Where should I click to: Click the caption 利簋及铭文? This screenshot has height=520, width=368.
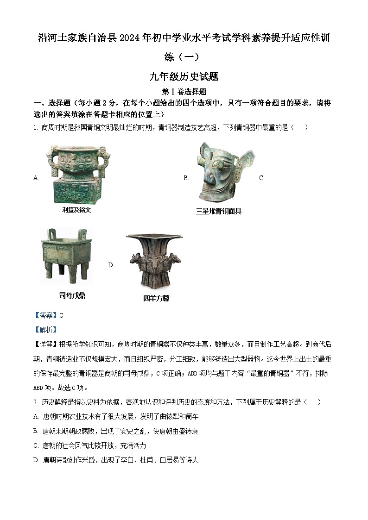coord(76,210)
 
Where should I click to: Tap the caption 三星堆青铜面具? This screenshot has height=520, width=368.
coord(219,211)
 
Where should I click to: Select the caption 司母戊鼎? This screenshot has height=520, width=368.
coord(72,295)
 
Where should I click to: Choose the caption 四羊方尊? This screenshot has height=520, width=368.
coord(156,298)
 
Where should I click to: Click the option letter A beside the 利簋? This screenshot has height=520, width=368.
coord(36,178)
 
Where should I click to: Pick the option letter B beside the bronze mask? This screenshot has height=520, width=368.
coord(186,178)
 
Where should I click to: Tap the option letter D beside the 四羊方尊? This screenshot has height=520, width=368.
coord(111,265)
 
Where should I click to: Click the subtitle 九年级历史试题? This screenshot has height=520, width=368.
coord(184,77)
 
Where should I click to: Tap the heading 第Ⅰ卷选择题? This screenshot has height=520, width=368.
coord(184,92)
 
